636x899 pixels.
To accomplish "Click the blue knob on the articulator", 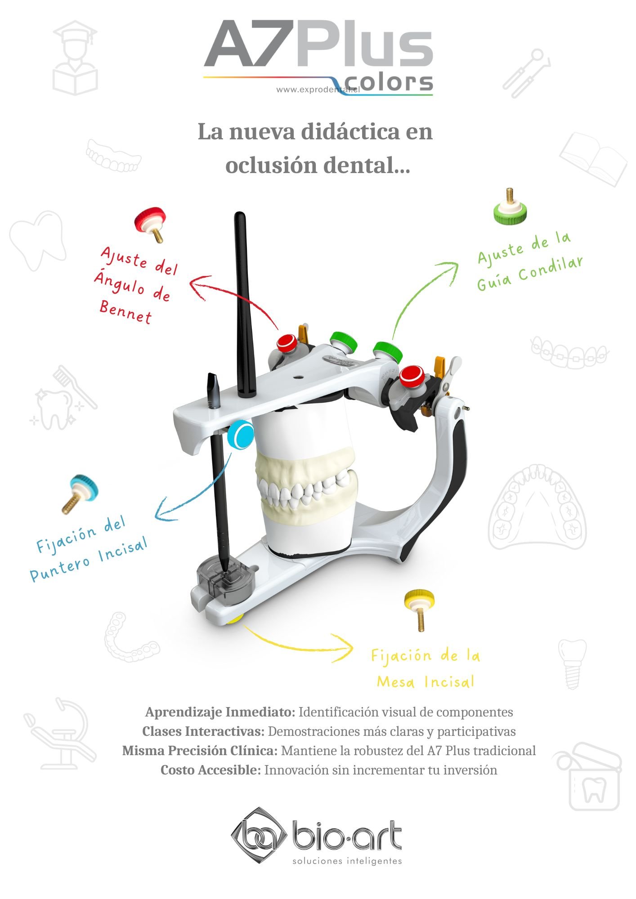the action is tap(241, 434).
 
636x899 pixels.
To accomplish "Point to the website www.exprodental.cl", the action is tap(318, 89).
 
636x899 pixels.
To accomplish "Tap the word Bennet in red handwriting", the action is tap(125, 312).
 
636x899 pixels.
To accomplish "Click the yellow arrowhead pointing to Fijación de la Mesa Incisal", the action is tap(344, 648).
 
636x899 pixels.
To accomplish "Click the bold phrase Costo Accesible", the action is tap(211, 770).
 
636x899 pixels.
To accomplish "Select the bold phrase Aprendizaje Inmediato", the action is tap(220, 712).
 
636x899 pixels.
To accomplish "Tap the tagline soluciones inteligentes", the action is tap(347, 861).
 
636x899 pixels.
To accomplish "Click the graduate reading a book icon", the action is tap(75, 58).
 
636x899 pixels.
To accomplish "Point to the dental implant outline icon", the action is tap(572, 664).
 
